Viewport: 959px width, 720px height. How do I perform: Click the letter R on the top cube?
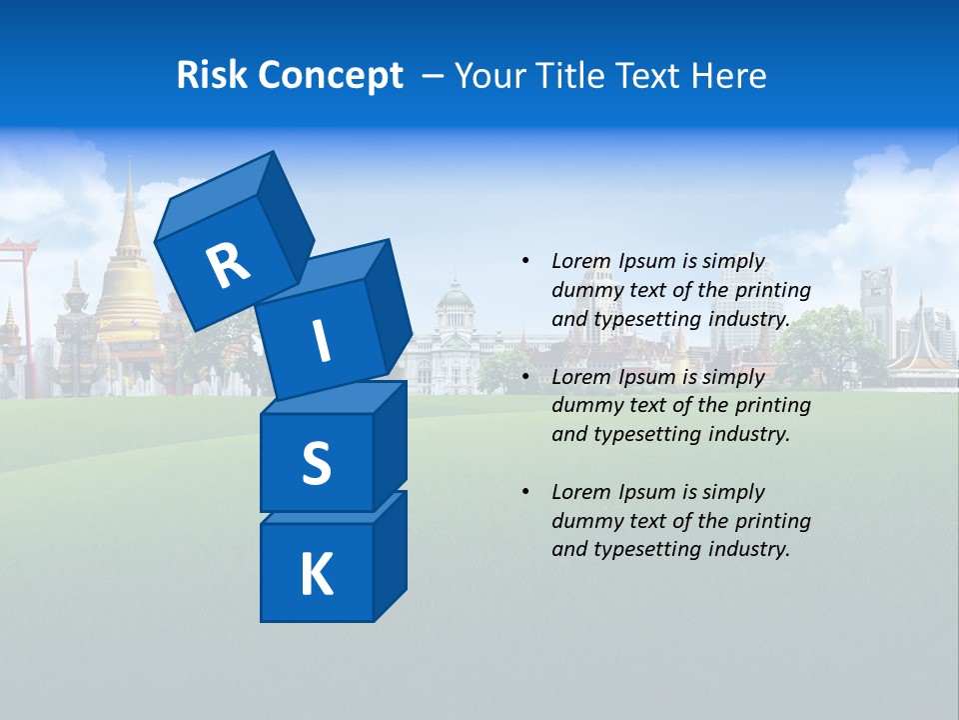tap(228, 265)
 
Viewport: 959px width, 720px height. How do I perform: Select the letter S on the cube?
tap(316, 464)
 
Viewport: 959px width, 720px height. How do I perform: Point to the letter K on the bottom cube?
tap(316, 575)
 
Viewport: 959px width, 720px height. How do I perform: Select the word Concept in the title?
tap(333, 76)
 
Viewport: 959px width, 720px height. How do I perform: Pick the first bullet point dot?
tap(525, 261)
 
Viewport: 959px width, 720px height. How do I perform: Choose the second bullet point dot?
tap(525, 377)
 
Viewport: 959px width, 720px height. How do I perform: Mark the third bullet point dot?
tap(525, 492)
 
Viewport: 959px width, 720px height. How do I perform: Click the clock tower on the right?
tap(877, 300)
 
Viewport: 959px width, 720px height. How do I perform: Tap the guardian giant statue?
tap(75, 320)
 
